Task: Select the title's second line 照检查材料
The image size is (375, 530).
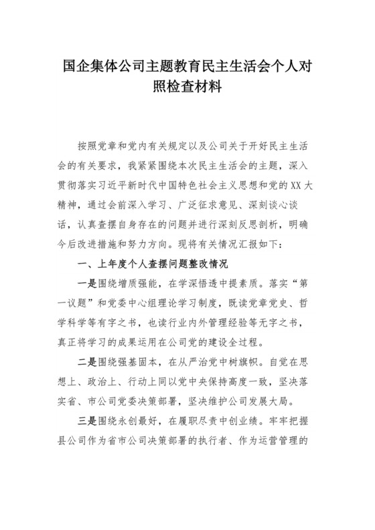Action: [187, 88]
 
